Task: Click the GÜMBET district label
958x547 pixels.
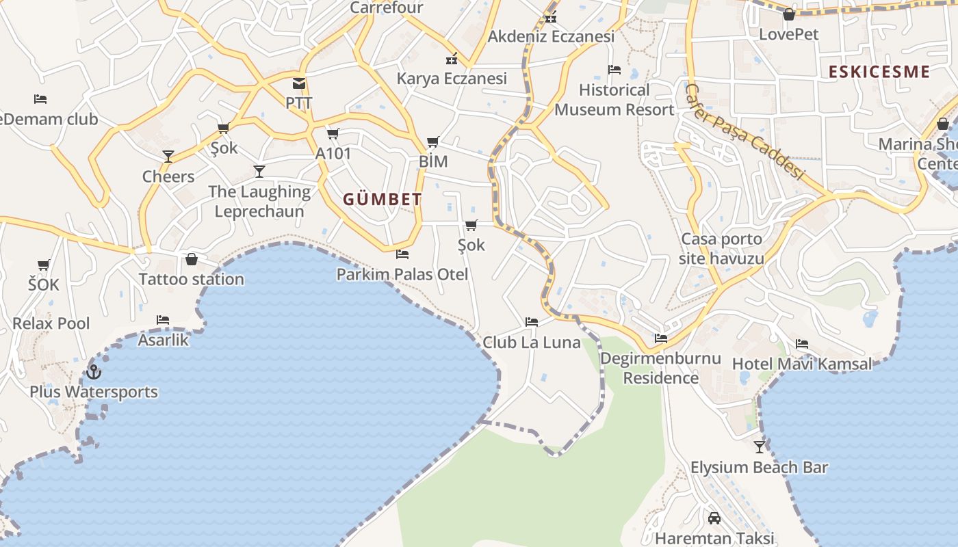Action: pyautogui.click(x=383, y=200)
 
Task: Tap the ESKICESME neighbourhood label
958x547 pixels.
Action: pyautogui.click(x=879, y=72)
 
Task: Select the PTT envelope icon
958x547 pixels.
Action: pyautogui.click(x=299, y=83)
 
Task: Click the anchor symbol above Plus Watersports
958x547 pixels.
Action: pyautogui.click(x=94, y=372)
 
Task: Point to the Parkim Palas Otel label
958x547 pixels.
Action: pyautogui.click(x=402, y=274)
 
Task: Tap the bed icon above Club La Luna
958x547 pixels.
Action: pyautogui.click(x=532, y=322)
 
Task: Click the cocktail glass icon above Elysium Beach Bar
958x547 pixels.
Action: pyautogui.click(x=759, y=447)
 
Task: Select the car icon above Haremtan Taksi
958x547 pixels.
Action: pyautogui.click(x=714, y=518)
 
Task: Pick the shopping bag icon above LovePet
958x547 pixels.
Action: pyautogui.click(x=789, y=14)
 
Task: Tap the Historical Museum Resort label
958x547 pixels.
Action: pyautogui.click(x=614, y=100)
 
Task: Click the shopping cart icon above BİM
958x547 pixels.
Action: pyautogui.click(x=433, y=142)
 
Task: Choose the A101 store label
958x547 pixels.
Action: pyautogui.click(x=333, y=153)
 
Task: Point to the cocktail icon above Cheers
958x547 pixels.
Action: pyautogui.click(x=168, y=157)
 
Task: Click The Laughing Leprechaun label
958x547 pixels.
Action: pyautogui.click(x=259, y=201)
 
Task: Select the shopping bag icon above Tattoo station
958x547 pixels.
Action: pyautogui.click(x=192, y=259)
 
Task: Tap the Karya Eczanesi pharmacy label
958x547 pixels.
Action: pyautogui.click(x=452, y=79)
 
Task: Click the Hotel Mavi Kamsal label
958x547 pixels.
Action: pyautogui.click(x=802, y=364)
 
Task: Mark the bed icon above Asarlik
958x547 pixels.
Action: pyautogui.click(x=163, y=319)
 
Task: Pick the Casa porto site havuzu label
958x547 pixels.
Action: pyautogui.click(x=721, y=249)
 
